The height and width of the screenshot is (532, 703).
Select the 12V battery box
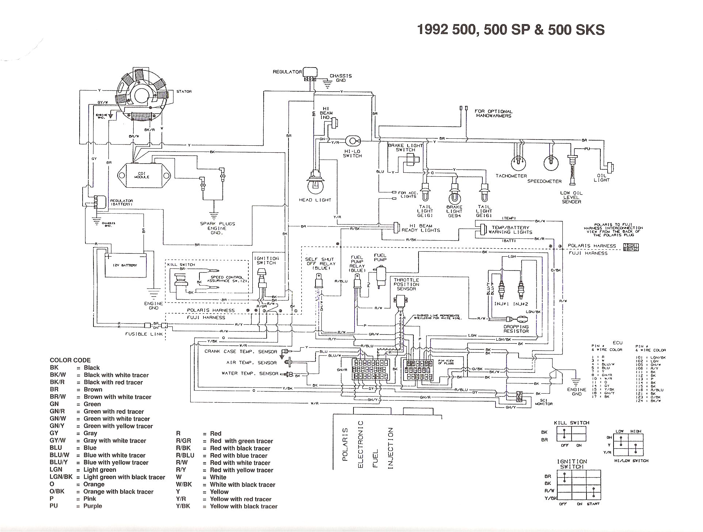click(x=125, y=265)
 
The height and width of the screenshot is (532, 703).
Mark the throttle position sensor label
click(x=406, y=284)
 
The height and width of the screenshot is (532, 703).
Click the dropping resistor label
click(x=516, y=329)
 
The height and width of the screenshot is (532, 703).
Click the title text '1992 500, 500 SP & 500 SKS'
click(x=511, y=30)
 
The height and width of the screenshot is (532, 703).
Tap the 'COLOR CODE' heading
click(x=70, y=360)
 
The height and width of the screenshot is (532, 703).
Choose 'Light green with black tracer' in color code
click(x=124, y=477)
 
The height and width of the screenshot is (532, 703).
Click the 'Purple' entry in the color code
click(x=93, y=506)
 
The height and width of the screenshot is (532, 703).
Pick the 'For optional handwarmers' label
click(x=493, y=114)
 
